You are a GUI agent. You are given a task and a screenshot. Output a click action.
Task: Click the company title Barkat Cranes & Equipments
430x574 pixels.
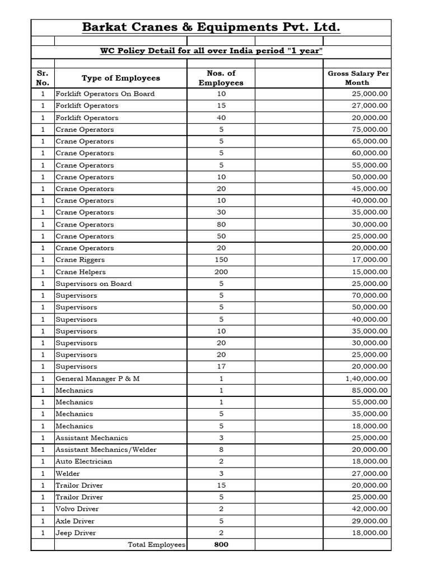coord(211,27)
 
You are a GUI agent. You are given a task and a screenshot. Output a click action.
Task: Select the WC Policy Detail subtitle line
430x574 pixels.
coord(211,52)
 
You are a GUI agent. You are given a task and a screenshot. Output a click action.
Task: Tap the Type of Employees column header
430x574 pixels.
coord(120,78)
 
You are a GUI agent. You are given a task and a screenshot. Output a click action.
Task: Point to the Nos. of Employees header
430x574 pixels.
coord(221,78)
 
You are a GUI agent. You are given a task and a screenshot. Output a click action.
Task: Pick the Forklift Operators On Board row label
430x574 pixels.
coord(105,94)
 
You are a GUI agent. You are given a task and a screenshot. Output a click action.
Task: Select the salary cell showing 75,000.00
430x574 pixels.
coord(367,129)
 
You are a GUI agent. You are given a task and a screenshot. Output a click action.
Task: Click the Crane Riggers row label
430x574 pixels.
coord(80,260)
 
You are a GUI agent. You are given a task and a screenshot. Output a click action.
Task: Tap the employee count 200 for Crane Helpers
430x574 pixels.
coord(221,272)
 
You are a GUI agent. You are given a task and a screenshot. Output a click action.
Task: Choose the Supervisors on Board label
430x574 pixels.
coord(94,284)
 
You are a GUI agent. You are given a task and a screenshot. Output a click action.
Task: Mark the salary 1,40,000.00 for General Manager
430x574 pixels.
coord(363,378)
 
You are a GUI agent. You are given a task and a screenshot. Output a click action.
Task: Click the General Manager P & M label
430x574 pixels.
coord(97,378)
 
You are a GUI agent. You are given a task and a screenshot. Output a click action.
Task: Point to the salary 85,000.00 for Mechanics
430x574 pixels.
coord(367,390)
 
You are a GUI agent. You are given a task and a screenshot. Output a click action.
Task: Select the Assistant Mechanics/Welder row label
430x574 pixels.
coord(106,450)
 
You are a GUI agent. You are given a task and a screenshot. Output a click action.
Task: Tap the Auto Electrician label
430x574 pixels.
coord(83,461)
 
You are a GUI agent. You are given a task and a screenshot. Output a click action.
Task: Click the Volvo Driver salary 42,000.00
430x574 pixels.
coord(367,509)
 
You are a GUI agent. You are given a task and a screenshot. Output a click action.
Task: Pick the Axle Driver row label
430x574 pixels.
coord(75,521)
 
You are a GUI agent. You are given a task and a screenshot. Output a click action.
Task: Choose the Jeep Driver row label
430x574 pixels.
coord(76,533)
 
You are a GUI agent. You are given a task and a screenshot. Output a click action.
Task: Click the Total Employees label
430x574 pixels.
coord(157,545)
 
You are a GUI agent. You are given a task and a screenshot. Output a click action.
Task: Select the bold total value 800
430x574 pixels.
coord(221,545)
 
